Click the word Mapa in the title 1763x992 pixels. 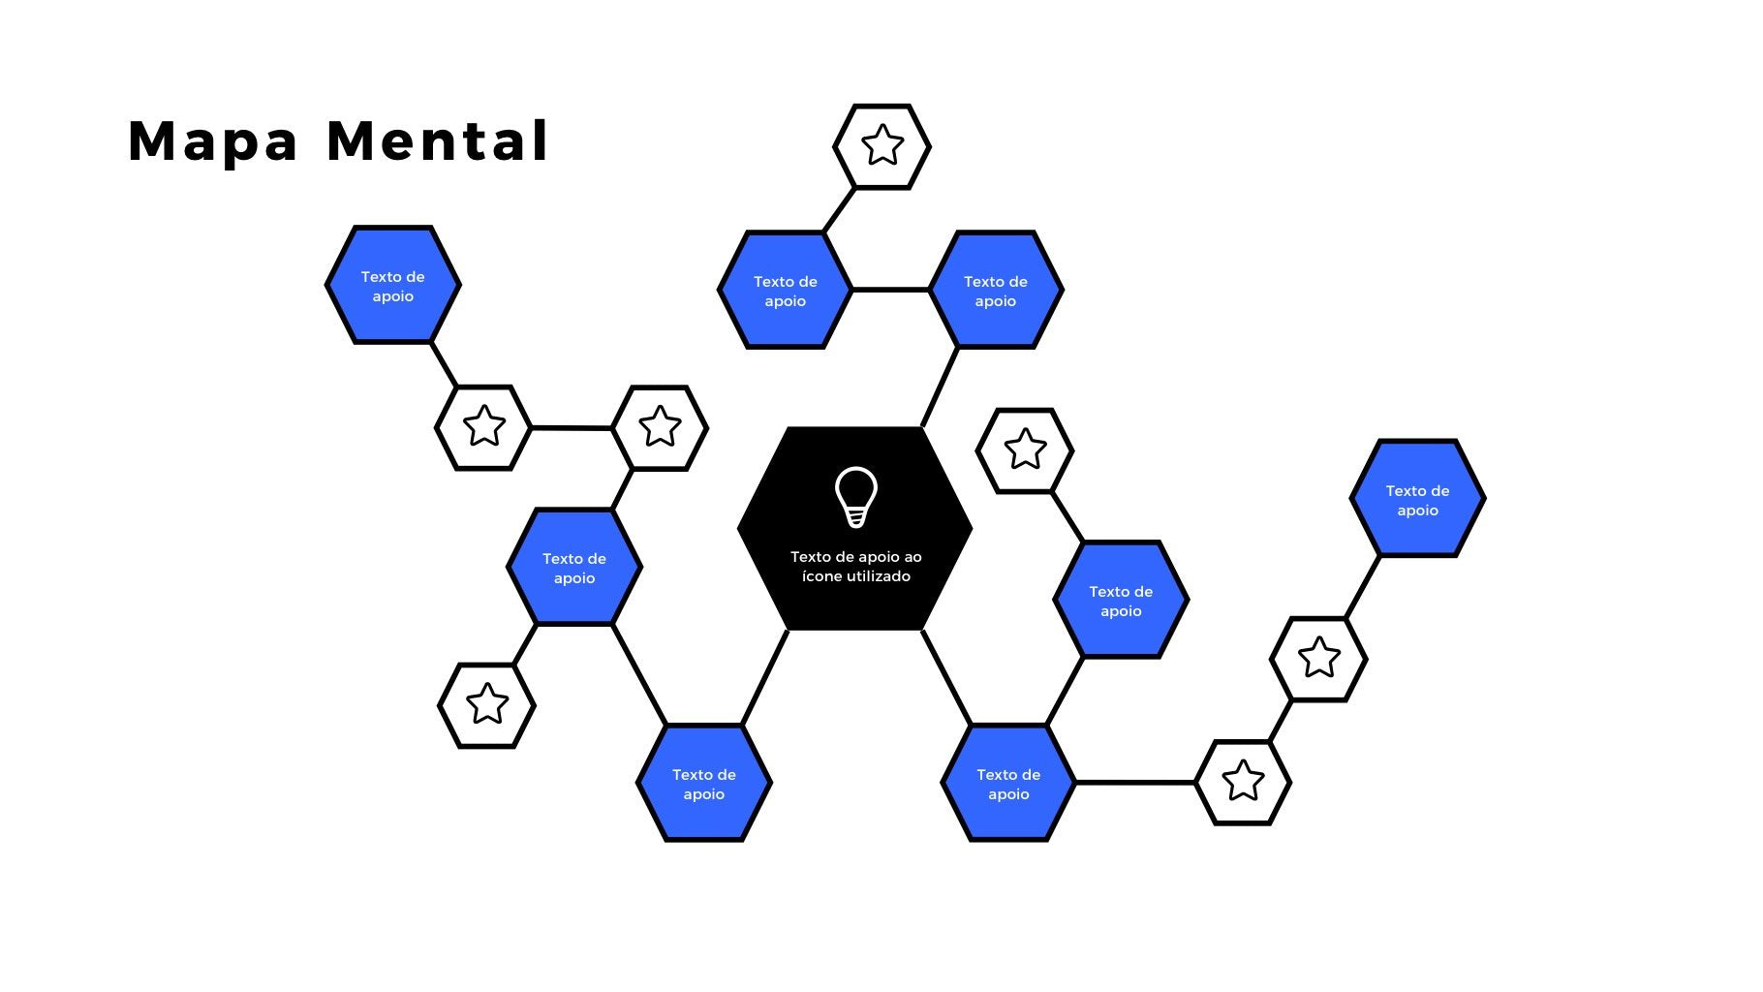[x=212, y=141]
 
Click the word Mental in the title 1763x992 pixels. [x=438, y=141]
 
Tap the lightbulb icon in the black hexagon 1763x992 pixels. [x=856, y=497]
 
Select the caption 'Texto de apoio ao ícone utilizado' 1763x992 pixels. [x=856, y=567]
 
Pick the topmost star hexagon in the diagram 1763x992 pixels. [x=882, y=146]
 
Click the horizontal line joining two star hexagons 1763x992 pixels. [x=572, y=427]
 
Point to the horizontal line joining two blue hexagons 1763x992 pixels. [x=890, y=289]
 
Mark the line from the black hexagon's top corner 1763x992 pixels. [x=940, y=387]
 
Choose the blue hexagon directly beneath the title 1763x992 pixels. [x=392, y=286]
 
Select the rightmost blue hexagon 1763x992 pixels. [x=1417, y=499]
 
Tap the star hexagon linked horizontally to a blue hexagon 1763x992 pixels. [x=1243, y=782]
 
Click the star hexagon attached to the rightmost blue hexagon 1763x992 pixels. [x=1318, y=659]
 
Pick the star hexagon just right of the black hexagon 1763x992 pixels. [x=1025, y=450]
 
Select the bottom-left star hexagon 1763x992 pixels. [x=487, y=705]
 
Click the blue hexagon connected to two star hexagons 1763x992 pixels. [x=574, y=568]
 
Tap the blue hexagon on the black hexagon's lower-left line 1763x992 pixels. [x=704, y=783]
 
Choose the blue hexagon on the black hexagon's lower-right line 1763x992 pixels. [x=1008, y=783]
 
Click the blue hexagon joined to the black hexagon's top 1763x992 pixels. [x=996, y=290]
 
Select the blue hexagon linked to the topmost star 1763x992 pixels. [x=786, y=290]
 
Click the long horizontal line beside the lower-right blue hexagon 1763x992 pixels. [x=1135, y=782]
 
